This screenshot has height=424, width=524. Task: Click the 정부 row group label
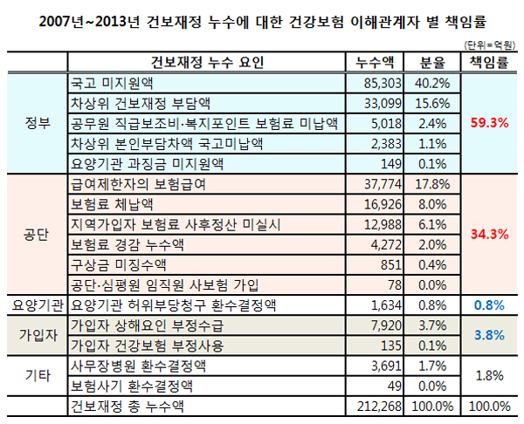pos(34,122)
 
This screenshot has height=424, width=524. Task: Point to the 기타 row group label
pos(34,373)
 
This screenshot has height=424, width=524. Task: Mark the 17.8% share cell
pos(433,184)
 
